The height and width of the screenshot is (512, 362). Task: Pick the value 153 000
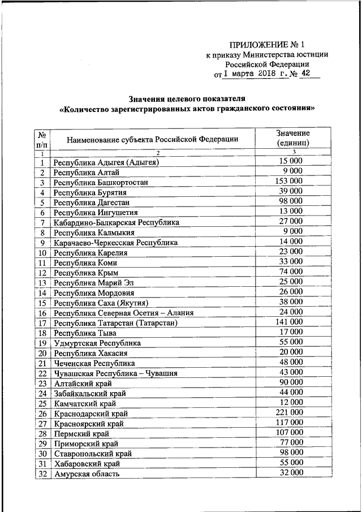(288, 181)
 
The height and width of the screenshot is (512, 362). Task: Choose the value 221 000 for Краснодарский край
(288, 411)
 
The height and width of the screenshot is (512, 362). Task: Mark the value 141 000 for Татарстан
(288, 322)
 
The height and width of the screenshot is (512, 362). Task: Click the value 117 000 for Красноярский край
(288, 422)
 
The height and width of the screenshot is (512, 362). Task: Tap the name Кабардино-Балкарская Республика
(116, 222)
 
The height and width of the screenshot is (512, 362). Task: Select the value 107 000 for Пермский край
(288, 432)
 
